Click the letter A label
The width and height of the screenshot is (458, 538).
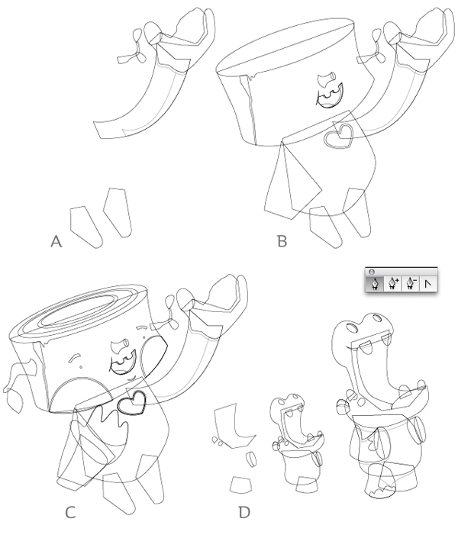(56, 241)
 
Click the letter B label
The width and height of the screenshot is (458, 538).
(282, 241)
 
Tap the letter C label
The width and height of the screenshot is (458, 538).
(70, 513)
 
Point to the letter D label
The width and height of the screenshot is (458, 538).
(244, 513)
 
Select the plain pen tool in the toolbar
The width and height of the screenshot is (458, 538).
(375, 284)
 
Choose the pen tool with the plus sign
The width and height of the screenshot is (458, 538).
(393, 284)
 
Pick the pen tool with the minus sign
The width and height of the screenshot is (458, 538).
(411, 284)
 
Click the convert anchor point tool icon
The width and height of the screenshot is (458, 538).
(427, 284)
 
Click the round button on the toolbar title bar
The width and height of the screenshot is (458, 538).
(371, 272)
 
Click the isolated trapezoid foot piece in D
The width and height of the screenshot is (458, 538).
(240, 485)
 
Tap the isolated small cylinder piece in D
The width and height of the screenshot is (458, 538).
(251, 459)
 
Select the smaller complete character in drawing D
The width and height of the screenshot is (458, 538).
(297, 443)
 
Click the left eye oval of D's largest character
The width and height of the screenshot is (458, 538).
(352, 327)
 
